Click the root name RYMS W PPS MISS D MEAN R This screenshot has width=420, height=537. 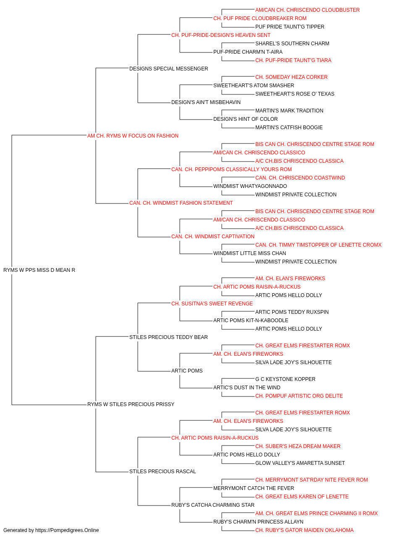pyautogui.click(x=39, y=270)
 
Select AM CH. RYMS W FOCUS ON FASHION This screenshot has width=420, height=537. pyautogui.click(x=133, y=136)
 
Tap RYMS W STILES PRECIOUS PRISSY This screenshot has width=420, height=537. pyautogui.click(x=131, y=404)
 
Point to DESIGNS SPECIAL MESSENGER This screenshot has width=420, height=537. pyautogui.click(x=169, y=69)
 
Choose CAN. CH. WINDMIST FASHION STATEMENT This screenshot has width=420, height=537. pyautogui.click(x=181, y=203)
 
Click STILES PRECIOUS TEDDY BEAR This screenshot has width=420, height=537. pyautogui.click(x=168, y=337)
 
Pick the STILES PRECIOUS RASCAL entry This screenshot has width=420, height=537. pyautogui.click(x=163, y=471)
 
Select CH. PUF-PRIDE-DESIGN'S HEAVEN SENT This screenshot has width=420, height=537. pyautogui.click(x=221, y=35)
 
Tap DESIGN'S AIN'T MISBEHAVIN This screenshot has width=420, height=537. pyautogui.click(x=206, y=102)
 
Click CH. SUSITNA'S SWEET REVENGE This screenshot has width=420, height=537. pyautogui.click(x=212, y=303)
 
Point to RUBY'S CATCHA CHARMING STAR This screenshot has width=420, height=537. pyautogui.click(x=213, y=505)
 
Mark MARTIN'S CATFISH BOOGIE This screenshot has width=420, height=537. pyautogui.click(x=289, y=128)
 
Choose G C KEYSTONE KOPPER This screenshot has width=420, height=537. pyautogui.click(x=285, y=379)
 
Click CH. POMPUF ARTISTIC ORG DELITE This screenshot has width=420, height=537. pyautogui.click(x=299, y=396)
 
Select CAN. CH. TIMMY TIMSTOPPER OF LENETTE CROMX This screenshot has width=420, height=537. pyautogui.click(x=318, y=245)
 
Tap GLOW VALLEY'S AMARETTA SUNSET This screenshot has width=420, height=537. pyautogui.click(x=300, y=463)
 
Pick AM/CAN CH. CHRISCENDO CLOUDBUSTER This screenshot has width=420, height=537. pyautogui.click(x=307, y=10)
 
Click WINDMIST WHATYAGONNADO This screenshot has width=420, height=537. pyautogui.click(x=250, y=186)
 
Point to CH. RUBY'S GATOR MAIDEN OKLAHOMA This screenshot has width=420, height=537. pyautogui.click(x=304, y=530)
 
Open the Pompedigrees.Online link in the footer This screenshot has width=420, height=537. pyautogui.click(x=67, y=530)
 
